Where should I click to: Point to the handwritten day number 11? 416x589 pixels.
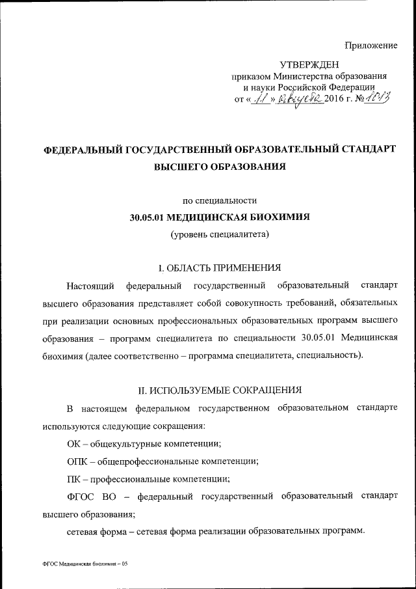tap(263, 99)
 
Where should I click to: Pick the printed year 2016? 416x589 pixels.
tap(337, 100)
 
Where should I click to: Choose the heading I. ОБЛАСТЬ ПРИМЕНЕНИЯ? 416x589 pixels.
tap(220, 267)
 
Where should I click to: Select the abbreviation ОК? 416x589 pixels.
tap(73, 444)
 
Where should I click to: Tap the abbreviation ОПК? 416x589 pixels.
tap(77, 461)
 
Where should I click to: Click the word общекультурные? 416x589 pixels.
tap(125, 444)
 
